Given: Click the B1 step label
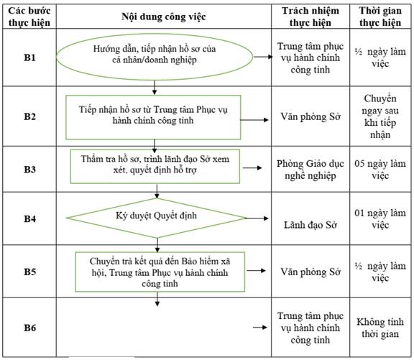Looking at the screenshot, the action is [x=29, y=57].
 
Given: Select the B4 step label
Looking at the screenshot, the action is [x=29, y=218].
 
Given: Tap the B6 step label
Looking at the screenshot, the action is [x=29, y=328].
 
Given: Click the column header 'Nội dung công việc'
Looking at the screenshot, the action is [x=164, y=17].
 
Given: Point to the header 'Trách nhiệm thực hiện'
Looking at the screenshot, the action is [x=310, y=17].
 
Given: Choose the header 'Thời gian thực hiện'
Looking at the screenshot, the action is [x=380, y=17].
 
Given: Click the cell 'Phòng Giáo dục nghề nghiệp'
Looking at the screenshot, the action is [x=310, y=170].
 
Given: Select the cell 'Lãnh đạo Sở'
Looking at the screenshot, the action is [x=310, y=225].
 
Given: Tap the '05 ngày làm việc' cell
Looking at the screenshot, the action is [x=380, y=170].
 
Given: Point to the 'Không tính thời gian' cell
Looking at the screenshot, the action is [x=380, y=328].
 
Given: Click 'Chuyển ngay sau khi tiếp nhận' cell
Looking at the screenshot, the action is [x=380, y=116].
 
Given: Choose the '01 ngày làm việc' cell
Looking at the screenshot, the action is [x=380, y=218].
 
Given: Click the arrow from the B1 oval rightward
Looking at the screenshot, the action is [x=263, y=57].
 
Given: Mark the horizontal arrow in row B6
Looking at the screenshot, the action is [x=260, y=327].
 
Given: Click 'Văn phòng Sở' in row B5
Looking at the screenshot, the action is [x=310, y=272].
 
